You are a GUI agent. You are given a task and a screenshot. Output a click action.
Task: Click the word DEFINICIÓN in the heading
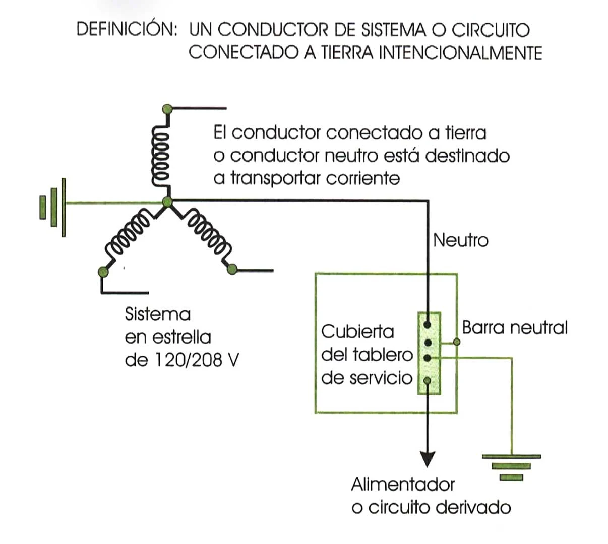(127, 29)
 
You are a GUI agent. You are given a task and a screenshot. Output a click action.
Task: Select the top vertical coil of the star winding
(163, 157)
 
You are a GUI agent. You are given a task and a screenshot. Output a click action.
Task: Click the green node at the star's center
(168, 202)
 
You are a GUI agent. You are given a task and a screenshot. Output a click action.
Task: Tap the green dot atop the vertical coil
(167, 108)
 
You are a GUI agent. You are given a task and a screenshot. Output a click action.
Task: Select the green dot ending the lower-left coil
(104, 273)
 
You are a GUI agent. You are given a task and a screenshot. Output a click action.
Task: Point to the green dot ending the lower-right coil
(232, 269)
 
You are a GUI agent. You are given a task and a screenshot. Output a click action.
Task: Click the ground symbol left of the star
(53, 207)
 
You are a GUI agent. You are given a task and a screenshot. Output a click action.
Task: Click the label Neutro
(460, 240)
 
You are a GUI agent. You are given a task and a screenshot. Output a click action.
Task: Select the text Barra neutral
(515, 328)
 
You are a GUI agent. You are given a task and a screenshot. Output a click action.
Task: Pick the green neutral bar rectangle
(429, 353)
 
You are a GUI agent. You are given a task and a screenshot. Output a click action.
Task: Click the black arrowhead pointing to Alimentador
(428, 457)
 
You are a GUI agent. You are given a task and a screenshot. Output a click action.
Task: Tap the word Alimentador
(402, 485)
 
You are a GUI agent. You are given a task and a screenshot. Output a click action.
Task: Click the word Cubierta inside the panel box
(357, 332)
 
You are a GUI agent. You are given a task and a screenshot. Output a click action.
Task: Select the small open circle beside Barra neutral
(457, 342)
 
